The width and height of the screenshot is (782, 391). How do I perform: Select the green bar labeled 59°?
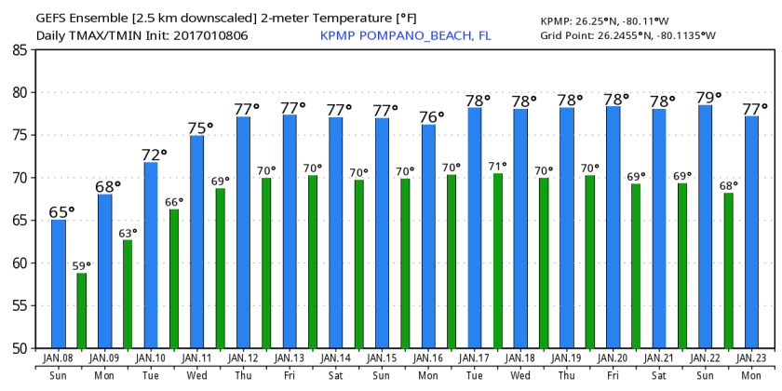[82, 310]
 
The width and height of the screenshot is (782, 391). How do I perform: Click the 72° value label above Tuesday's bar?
[155, 154]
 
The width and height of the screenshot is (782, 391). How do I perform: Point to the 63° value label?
[128, 233]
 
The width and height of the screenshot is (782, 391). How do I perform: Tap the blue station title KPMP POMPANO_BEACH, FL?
[405, 35]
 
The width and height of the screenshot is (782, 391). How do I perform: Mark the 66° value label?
[173, 201]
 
